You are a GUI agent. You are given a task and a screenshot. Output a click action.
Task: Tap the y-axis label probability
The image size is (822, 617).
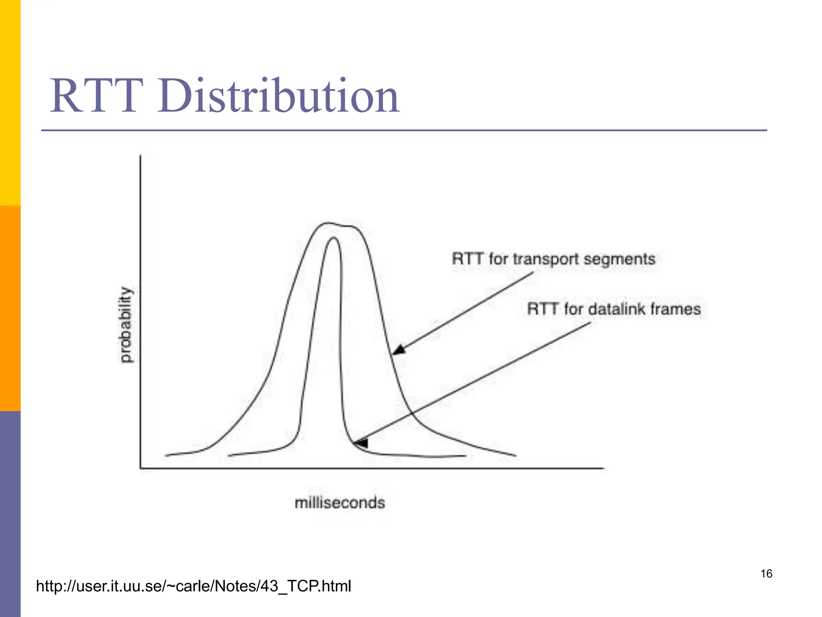126,325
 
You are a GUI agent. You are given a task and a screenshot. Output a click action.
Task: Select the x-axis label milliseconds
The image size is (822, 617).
340,503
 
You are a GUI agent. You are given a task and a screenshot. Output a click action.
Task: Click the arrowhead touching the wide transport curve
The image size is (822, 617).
398,350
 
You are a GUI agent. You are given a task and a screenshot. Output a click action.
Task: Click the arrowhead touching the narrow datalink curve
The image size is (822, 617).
361,442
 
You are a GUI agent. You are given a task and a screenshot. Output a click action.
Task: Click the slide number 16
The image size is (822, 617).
766,574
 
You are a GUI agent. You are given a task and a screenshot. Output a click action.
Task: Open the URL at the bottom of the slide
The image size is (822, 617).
193,586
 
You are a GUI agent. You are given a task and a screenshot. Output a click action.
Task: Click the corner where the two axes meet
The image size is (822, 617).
140,468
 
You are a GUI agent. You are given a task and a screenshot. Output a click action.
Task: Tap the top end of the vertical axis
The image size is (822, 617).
140,156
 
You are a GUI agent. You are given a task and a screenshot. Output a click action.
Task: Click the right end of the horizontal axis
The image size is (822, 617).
602,468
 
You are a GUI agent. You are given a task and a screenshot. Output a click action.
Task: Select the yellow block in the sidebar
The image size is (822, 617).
10,102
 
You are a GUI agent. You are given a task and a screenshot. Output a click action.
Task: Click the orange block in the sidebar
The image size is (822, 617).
10,308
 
